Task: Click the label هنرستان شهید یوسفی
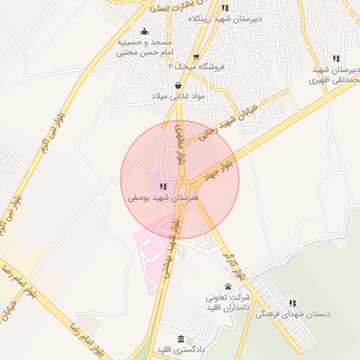(x=163, y=198)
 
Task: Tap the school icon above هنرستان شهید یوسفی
(x=163, y=186)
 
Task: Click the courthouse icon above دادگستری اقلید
(x=181, y=339)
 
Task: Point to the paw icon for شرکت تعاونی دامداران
(x=228, y=286)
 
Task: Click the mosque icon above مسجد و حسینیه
(x=145, y=31)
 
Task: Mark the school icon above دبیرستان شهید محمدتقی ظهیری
(x=337, y=58)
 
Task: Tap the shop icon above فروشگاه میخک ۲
(x=196, y=56)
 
